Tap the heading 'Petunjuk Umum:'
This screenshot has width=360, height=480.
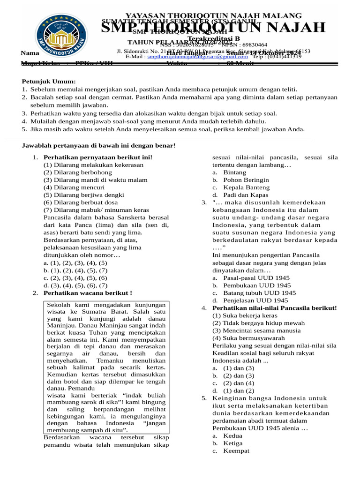[49, 81]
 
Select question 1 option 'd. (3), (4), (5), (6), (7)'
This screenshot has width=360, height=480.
[75, 285]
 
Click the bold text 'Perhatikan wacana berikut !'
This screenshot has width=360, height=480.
[88, 293]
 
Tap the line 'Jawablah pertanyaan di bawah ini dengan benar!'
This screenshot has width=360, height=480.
[99, 146]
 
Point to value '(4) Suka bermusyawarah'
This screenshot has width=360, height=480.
[248, 338]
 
